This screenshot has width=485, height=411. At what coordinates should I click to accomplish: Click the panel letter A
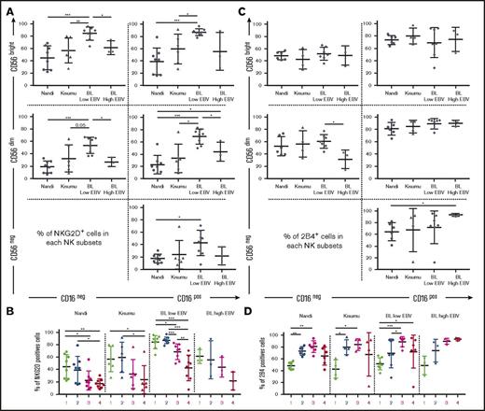pyautogui.click(x=7, y=7)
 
